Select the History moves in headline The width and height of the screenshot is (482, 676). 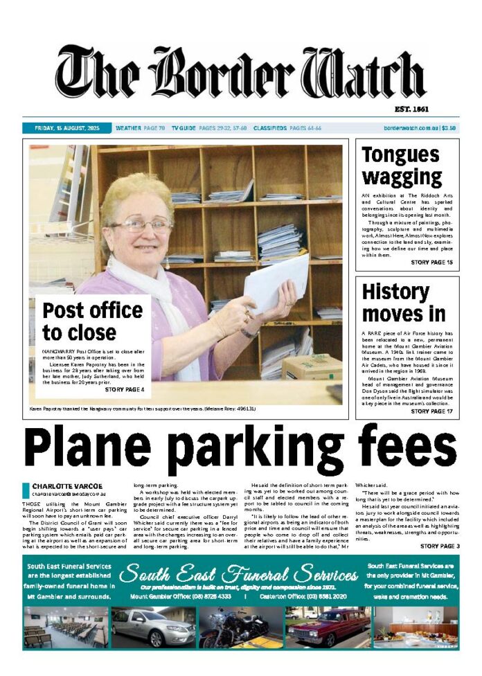404,302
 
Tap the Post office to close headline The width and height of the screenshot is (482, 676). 93,322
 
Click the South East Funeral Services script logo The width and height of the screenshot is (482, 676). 239,574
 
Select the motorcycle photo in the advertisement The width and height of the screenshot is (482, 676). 241,626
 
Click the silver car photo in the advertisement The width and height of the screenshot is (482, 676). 153,626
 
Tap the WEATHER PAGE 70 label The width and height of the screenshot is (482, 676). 140,128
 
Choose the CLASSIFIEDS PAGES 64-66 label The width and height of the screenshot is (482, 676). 287,128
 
